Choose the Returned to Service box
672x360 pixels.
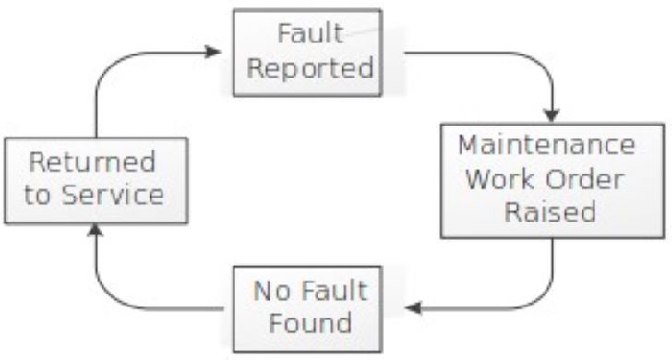(96, 180)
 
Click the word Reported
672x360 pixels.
(316, 69)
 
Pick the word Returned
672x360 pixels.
(92, 162)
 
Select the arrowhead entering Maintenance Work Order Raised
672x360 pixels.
(552, 115)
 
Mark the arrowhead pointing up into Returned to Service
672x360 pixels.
(96, 227)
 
